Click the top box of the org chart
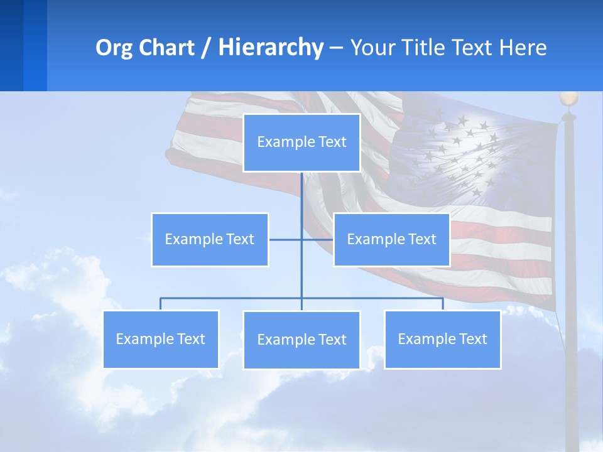[301, 143]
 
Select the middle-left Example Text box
[210, 239]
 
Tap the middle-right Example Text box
[391, 239]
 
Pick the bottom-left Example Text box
[161, 339]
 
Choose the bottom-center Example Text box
[301, 340]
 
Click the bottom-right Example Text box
[442, 339]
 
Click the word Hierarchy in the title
[271, 48]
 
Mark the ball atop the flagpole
[568, 99]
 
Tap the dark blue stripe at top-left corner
[11, 45]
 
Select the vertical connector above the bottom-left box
[161, 304]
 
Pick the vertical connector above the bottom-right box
[443, 304]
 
